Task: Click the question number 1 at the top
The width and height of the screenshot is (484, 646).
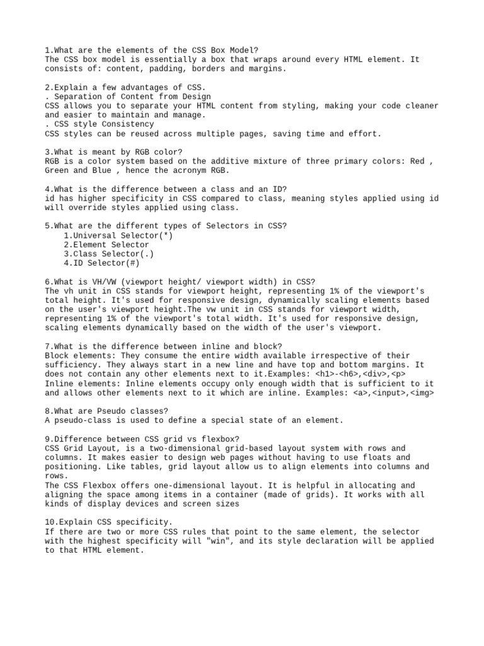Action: pos(47,50)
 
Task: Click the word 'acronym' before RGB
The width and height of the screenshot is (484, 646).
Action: pos(186,171)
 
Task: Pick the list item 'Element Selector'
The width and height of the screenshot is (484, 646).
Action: pos(107,245)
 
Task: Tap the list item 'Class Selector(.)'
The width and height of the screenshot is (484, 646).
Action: pos(108,254)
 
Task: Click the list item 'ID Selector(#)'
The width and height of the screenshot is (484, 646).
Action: pos(101,263)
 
